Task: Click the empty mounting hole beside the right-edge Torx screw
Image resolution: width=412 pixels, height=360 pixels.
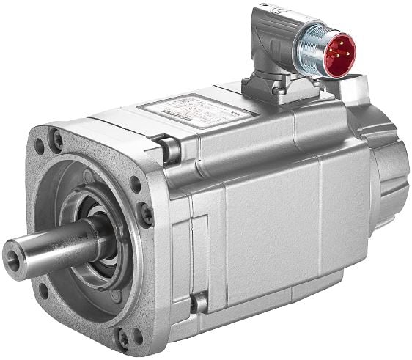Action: click(x=136, y=184)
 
